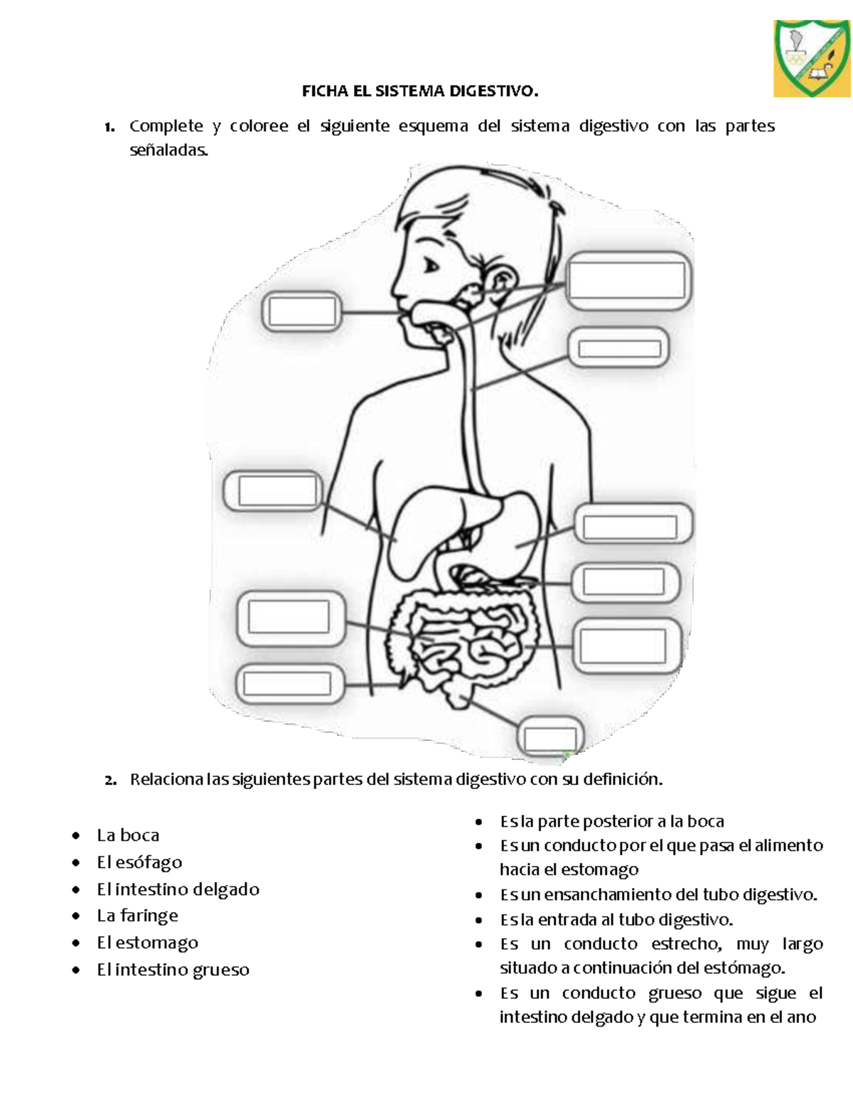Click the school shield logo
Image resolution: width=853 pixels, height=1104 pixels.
click(x=812, y=58)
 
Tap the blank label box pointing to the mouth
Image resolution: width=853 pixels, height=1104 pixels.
click(x=302, y=312)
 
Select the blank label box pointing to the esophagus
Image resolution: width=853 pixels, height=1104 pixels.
click(x=619, y=348)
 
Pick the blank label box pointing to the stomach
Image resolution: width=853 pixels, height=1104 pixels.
click(x=630, y=527)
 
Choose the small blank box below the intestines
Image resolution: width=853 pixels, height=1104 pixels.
click(x=550, y=739)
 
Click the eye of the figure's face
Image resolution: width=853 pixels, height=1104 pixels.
click(x=431, y=267)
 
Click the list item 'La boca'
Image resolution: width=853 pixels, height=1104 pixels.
click(x=128, y=835)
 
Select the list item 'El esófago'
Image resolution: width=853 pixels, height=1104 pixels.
click(x=139, y=862)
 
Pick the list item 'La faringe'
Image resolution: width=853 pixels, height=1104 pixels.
click(x=137, y=916)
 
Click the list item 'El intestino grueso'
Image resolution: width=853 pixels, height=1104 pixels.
click(x=173, y=970)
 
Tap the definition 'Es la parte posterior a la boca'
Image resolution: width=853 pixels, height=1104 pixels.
click(x=611, y=822)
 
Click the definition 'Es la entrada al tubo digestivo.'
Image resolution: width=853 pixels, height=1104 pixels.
click(x=616, y=920)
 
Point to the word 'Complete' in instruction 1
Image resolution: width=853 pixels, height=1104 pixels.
click(x=166, y=127)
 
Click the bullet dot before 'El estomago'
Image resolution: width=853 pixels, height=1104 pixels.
click(x=76, y=943)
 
